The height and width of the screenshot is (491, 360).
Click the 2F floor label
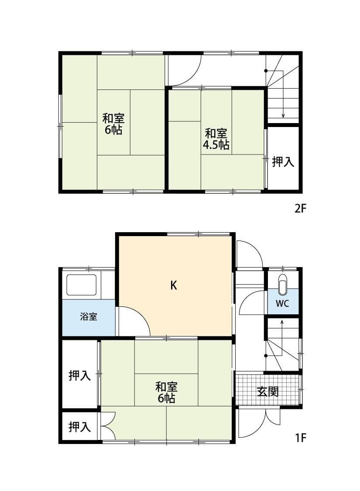tap(301, 208)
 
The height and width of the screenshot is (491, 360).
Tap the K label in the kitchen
tap(173, 285)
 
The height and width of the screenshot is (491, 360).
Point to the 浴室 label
tap(89, 317)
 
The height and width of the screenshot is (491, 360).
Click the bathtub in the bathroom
tap(81, 285)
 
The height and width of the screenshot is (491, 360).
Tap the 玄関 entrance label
tap(267, 391)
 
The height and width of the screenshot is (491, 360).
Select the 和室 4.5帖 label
tap(216, 139)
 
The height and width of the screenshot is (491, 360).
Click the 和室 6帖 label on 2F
tap(113, 124)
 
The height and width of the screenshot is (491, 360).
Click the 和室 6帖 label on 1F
tap(166, 392)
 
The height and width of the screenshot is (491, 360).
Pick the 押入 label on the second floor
tap(283, 162)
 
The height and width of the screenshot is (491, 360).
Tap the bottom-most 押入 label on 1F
tap(80, 427)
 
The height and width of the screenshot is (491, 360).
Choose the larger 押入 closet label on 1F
tap(80, 375)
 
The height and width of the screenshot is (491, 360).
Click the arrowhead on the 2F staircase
tap(283, 116)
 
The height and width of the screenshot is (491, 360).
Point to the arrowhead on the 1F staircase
tap(282, 322)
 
